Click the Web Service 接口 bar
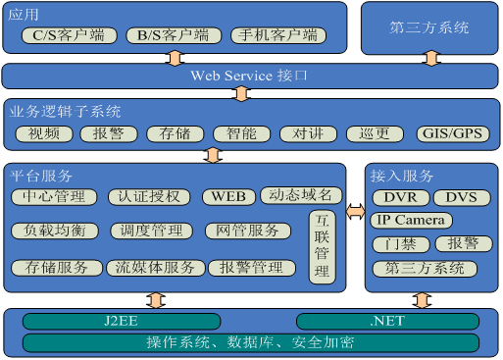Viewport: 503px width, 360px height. [x=249, y=75]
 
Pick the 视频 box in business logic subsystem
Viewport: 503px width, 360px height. [x=44, y=133]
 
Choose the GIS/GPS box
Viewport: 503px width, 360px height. [x=451, y=133]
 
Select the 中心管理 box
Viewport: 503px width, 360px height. [x=54, y=196]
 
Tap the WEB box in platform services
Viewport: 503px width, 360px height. [x=228, y=196]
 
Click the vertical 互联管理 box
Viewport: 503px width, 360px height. [x=322, y=246]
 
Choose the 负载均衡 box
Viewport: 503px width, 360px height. [x=55, y=231]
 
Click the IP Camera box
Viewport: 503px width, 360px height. [x=412, y=220]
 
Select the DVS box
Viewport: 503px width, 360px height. [x=460, y=197]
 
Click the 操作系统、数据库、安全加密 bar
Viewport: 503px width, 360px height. [x=250, y=342]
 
